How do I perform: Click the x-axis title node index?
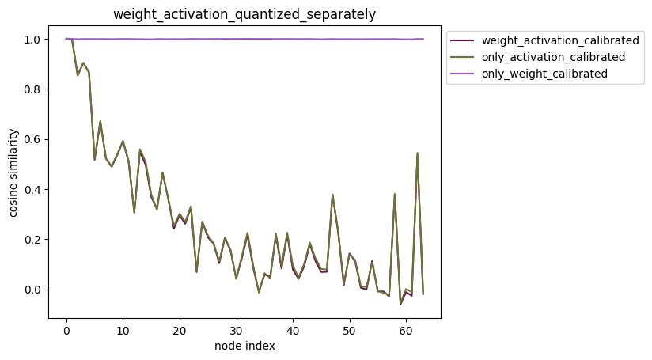[244, 346]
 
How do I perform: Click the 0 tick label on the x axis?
[66, 329]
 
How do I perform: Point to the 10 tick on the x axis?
[123, 329]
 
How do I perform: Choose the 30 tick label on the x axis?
[236, 329]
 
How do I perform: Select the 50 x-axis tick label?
[349, 329]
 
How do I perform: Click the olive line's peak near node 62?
[417, 153]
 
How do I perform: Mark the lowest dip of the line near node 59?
[400, 304]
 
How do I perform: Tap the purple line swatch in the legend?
[463, 74]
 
